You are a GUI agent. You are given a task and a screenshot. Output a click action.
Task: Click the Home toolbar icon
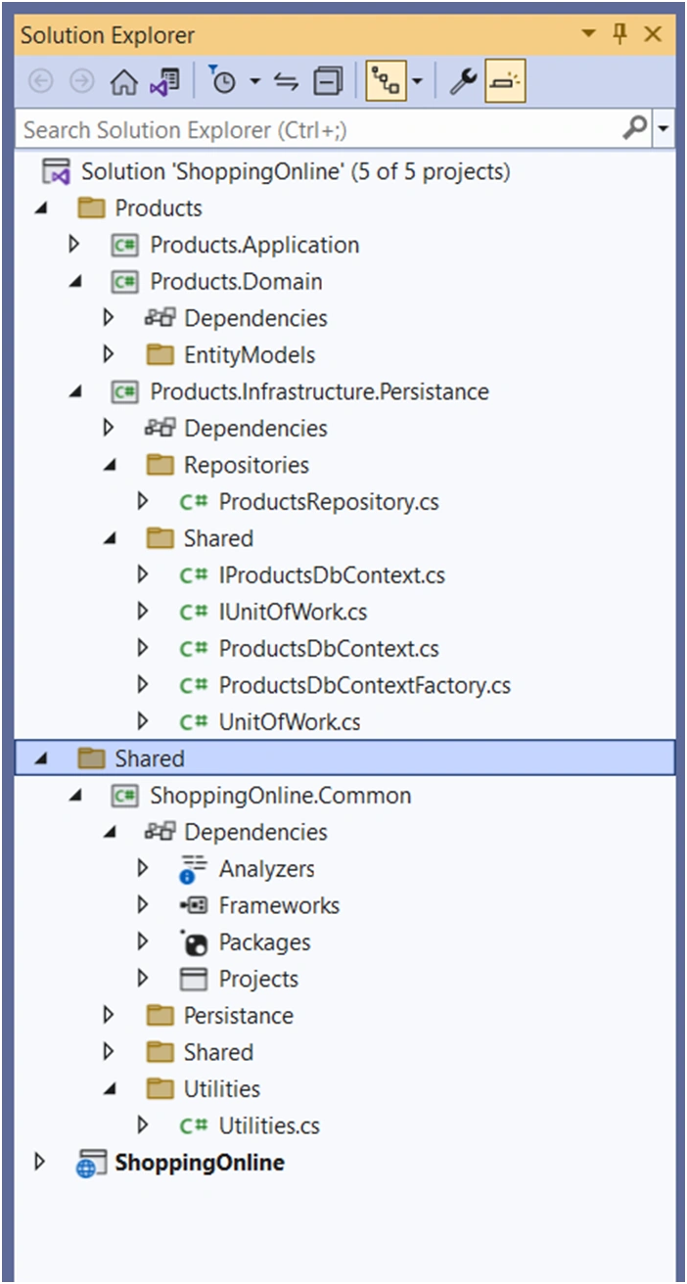pos(123,81)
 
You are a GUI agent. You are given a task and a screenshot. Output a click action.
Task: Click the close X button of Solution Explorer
pos(653,34)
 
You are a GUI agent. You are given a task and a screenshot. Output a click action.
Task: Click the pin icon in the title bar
pos(619,33)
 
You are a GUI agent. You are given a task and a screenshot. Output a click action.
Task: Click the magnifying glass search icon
pos(635,127)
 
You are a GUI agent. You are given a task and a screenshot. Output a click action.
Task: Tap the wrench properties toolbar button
pos(463,81)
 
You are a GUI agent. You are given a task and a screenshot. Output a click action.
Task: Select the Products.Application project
pos(254,246)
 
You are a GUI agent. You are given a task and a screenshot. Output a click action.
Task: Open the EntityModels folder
pos(250,355)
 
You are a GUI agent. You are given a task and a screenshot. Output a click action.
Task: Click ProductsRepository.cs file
pos(329,502)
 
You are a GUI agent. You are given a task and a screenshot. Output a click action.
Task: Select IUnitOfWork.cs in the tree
pos(293,613)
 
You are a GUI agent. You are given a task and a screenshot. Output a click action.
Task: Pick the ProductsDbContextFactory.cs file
pos(364,686)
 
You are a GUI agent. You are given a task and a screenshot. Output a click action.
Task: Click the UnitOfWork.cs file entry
pos(290,722)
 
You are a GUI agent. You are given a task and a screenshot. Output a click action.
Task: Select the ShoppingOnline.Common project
pos(280,796)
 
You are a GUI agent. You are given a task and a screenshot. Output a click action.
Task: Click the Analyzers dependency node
pos(266,869)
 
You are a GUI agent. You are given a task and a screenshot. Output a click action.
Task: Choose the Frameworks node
pos(279,905)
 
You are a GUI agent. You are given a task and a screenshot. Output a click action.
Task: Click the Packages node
pos(264,942)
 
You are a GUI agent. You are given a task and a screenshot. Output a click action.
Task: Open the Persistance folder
pos(239,1016)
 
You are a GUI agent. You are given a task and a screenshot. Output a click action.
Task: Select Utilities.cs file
pos(269,1125)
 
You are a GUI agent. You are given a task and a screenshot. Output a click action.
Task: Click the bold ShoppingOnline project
pos(200,1163)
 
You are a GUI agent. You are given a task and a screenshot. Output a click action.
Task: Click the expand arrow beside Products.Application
pos(74,245)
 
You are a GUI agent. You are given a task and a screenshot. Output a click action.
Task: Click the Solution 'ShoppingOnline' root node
pos(296,172)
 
